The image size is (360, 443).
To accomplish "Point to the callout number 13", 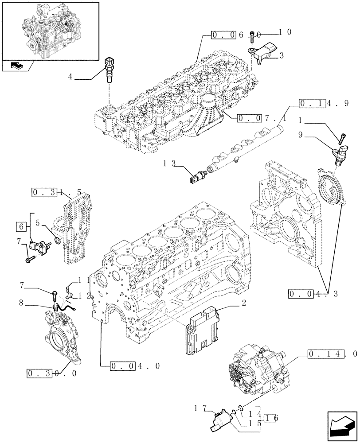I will [x=170, y=163].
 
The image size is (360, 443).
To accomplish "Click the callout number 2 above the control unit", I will [x=243, y=303].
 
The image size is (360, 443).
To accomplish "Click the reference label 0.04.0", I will [x=131, y=366].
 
